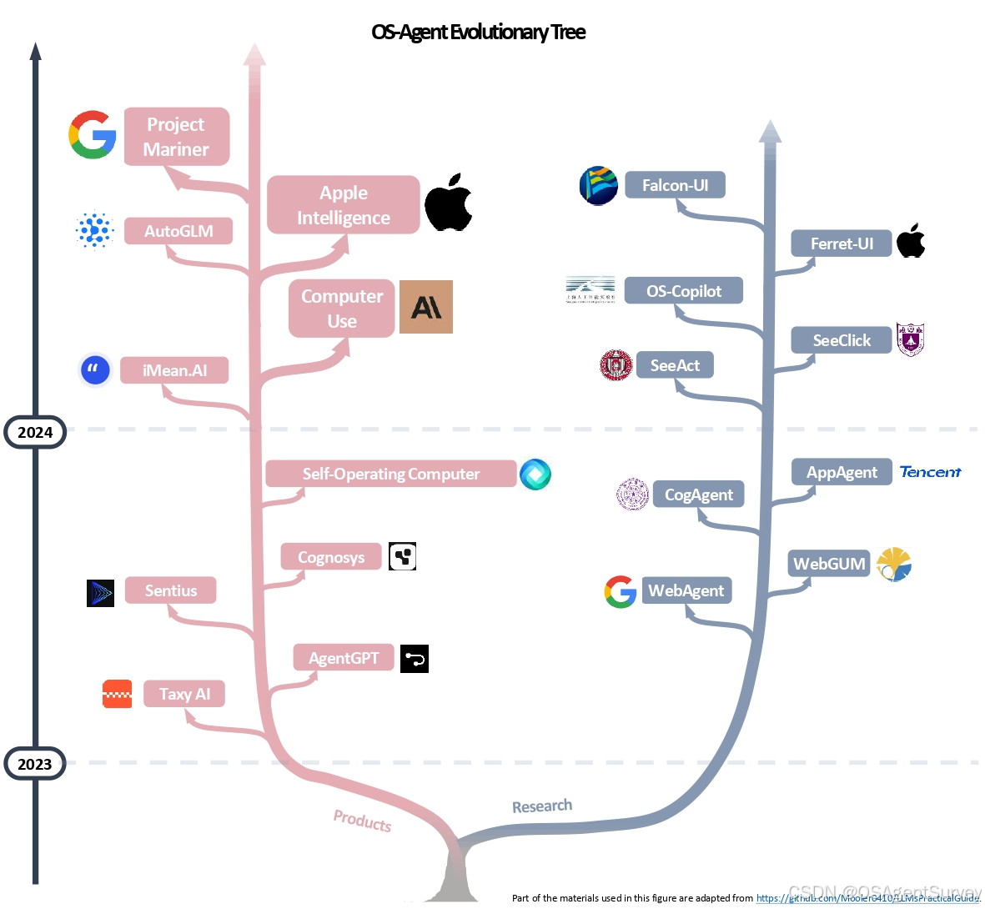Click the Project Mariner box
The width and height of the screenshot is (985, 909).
[x=176, y=137]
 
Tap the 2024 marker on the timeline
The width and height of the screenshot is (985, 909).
[x=35, y=432]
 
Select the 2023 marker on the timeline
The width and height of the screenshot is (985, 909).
[x=35, y=764]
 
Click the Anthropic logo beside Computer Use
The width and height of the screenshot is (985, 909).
[x=425, y=307]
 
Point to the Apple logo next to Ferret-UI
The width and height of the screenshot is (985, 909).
[x=911, y=241]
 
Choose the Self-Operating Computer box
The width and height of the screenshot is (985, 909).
[x=390, y=474]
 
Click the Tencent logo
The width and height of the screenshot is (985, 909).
[x=930, y=472]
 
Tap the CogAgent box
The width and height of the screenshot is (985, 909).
[x=698, y=495]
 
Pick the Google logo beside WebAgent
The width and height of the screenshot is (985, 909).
[x=620, y=591]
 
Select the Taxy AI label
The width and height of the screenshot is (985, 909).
[x=184, y=694]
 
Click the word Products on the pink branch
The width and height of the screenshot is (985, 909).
[x=362, y=821]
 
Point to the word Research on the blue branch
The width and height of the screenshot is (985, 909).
[x=542, y=806]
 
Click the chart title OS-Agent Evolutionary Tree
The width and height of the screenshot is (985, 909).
[x=478, y=33]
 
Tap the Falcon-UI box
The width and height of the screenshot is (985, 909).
[x=675, y=185]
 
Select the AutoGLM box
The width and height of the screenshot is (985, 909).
[x=178, y=231]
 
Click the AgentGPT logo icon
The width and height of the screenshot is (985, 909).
[x=415, y=659]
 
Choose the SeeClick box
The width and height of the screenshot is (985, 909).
[x=841, y=340]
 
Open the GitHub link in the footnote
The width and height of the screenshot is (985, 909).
[x=867, y=898]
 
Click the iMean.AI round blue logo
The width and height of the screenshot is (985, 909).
[x=95, y=370]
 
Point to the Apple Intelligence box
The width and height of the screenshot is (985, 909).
[x=343, y=205]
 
